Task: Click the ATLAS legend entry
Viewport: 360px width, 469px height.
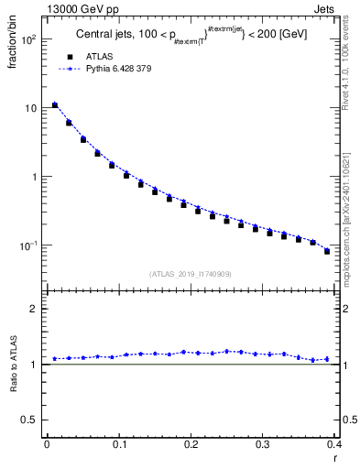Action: pos(98,56)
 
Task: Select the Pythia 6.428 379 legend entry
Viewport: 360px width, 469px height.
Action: pos(118,68)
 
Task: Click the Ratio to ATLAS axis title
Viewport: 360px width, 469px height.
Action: pos(14,389)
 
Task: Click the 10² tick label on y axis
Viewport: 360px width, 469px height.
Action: pos(28,40)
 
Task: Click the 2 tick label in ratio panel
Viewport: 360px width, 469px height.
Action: pos(35,309)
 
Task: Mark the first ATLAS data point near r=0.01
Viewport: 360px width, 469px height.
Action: pos(55,105)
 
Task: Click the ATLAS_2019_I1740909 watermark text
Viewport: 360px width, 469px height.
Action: pos(190,274)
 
